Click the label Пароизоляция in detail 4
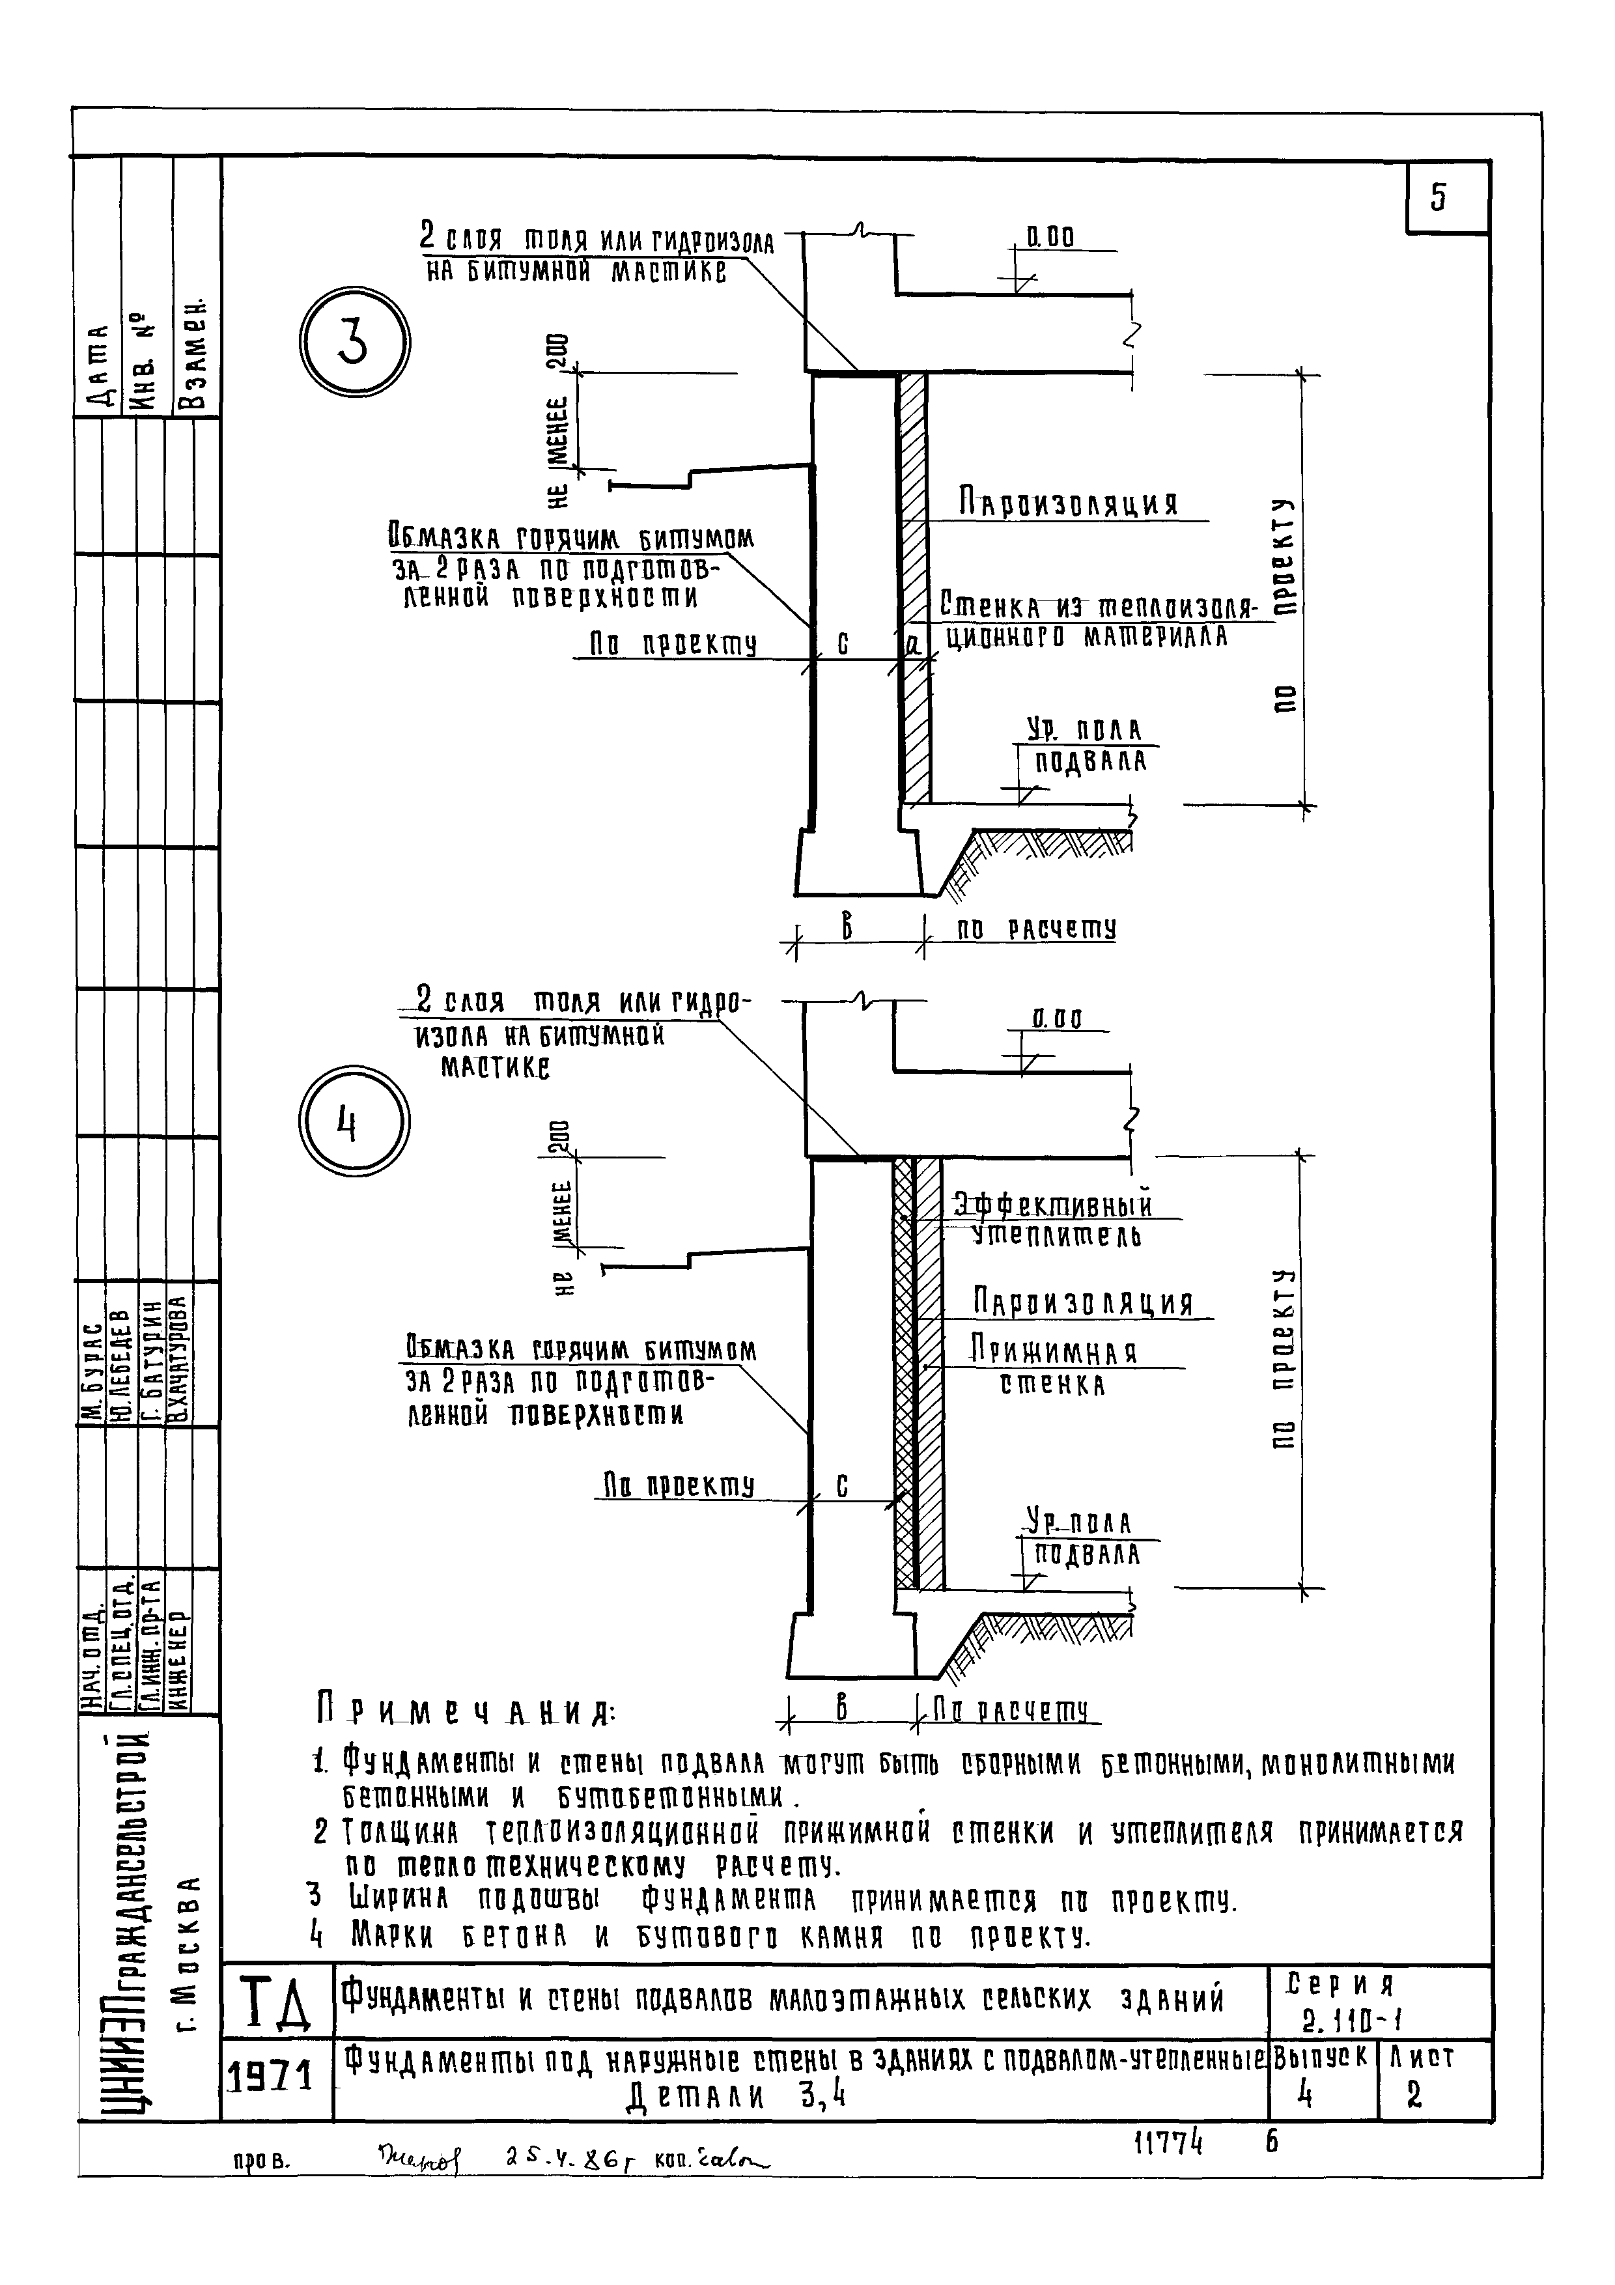click(x=1083, y=1303)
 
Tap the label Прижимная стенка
click(x=1055, y=1367)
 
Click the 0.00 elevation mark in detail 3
click(x=1050, y=238)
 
